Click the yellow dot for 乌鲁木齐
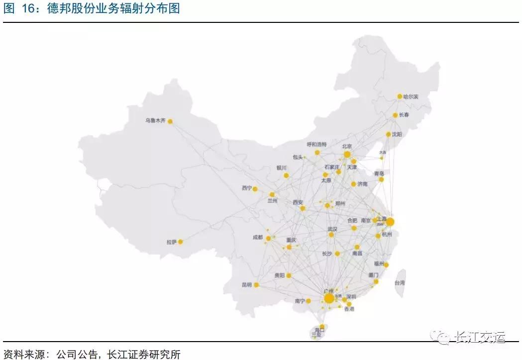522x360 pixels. pos(170,121)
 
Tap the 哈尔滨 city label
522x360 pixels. pos(411,96)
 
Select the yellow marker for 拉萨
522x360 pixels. pos(181,242)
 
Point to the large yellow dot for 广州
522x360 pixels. pos(329,298)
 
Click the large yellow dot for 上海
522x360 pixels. pos(390,222)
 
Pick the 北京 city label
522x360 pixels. pos(347,146)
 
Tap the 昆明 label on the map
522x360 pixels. pos(247,285)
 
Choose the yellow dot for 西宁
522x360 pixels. pos(255,189)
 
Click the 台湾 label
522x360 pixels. pos(400,282)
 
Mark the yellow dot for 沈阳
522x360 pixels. pos(389,134)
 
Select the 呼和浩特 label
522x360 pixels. pos(316,145)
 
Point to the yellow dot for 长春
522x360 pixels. pos(395,115)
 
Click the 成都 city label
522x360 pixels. pos(257,238)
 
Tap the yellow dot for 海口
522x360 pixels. pos(322,326)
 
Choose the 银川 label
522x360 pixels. pos(282,168)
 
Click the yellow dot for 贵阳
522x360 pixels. pos(289,275)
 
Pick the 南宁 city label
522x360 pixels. pos(299,301)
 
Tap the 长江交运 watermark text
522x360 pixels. pos(480,338)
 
